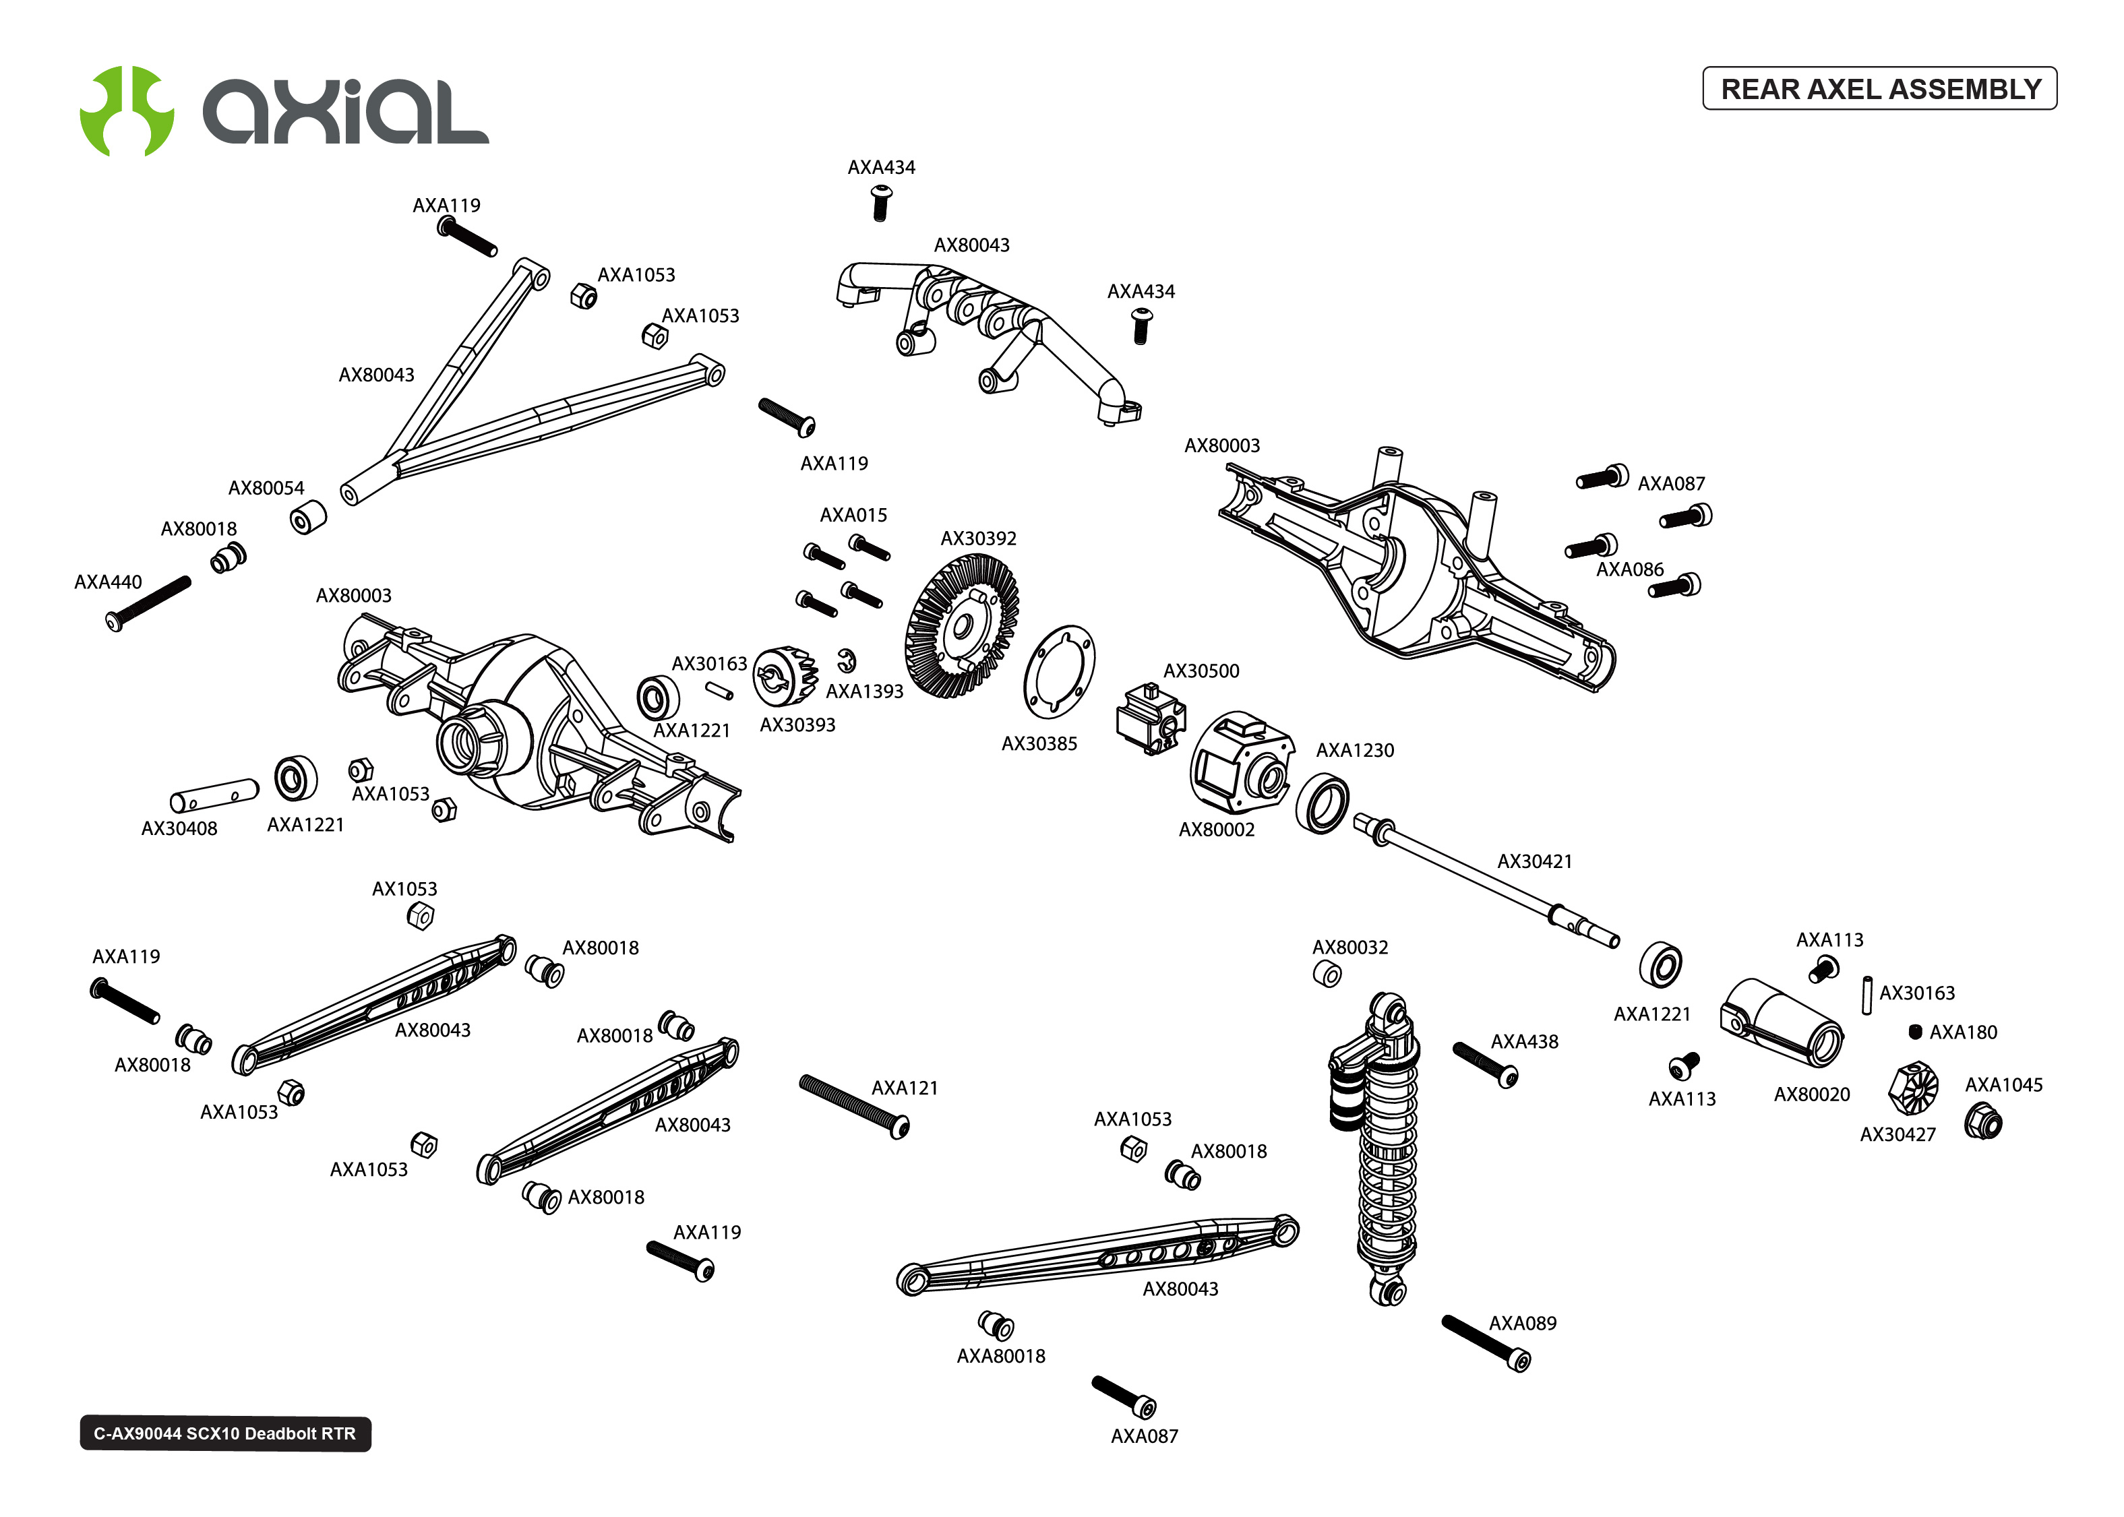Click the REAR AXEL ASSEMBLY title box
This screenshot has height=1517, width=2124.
click(1879, 89)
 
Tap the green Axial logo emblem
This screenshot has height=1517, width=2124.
click(126, 111)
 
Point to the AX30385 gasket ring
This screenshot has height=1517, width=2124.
click(1059, 672)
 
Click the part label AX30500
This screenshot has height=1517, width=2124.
click(1201, 671)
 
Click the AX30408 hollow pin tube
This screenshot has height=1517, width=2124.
click(214, 795)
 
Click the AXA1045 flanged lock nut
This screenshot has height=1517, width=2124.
click(1982, 1121)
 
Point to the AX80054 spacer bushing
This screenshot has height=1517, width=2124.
click(307, 518)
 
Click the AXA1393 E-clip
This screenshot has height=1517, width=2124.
click(846, 660)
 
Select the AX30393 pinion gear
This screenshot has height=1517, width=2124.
click(784, 675)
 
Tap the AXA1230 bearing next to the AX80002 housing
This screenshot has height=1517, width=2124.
click(1322, 803)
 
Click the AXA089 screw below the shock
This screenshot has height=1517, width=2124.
click(1485, 1343)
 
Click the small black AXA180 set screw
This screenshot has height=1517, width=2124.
click(1915, 1031)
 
